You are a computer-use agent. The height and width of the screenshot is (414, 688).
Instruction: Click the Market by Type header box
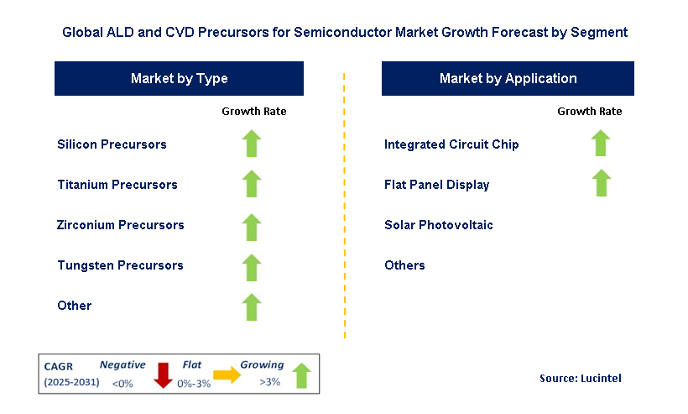tap(179, 79)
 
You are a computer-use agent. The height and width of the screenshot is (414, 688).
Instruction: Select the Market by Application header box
tap(508, 79)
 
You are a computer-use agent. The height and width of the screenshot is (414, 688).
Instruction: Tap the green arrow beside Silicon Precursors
tap(252, 144)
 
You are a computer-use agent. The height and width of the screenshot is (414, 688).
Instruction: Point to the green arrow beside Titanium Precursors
tap(252, 184)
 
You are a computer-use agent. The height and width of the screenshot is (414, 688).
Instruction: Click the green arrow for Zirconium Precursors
tap(252, 228)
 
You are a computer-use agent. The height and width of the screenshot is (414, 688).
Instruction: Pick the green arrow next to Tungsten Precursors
tap(252, 267)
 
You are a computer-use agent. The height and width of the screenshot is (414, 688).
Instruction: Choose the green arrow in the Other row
tap(252, 307)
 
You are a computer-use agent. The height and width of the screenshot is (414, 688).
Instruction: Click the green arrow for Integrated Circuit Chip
tap(601, 143)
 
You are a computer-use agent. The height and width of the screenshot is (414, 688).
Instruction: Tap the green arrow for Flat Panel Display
tap(601, 183)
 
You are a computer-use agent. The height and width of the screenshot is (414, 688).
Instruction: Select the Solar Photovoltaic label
tap(438, 225)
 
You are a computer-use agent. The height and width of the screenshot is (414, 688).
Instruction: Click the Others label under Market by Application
tap(404, 265)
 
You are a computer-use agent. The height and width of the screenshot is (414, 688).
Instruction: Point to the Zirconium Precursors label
tap(120, 225)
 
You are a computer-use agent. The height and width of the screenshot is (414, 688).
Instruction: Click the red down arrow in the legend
tap(163, 375)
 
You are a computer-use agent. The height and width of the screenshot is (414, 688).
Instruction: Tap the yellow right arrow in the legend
tap(227, 375)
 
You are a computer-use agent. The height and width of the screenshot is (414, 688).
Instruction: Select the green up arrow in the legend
tap(301, 375)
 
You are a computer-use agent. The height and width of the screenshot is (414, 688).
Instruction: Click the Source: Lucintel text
tap(580, 379)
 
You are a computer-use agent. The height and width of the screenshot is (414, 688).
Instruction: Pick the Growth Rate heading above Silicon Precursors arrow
tap(253, 112)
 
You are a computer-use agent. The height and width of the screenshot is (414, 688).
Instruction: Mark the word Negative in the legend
tap(122, 364)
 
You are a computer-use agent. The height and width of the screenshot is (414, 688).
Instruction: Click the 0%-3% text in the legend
tap(194, 384)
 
